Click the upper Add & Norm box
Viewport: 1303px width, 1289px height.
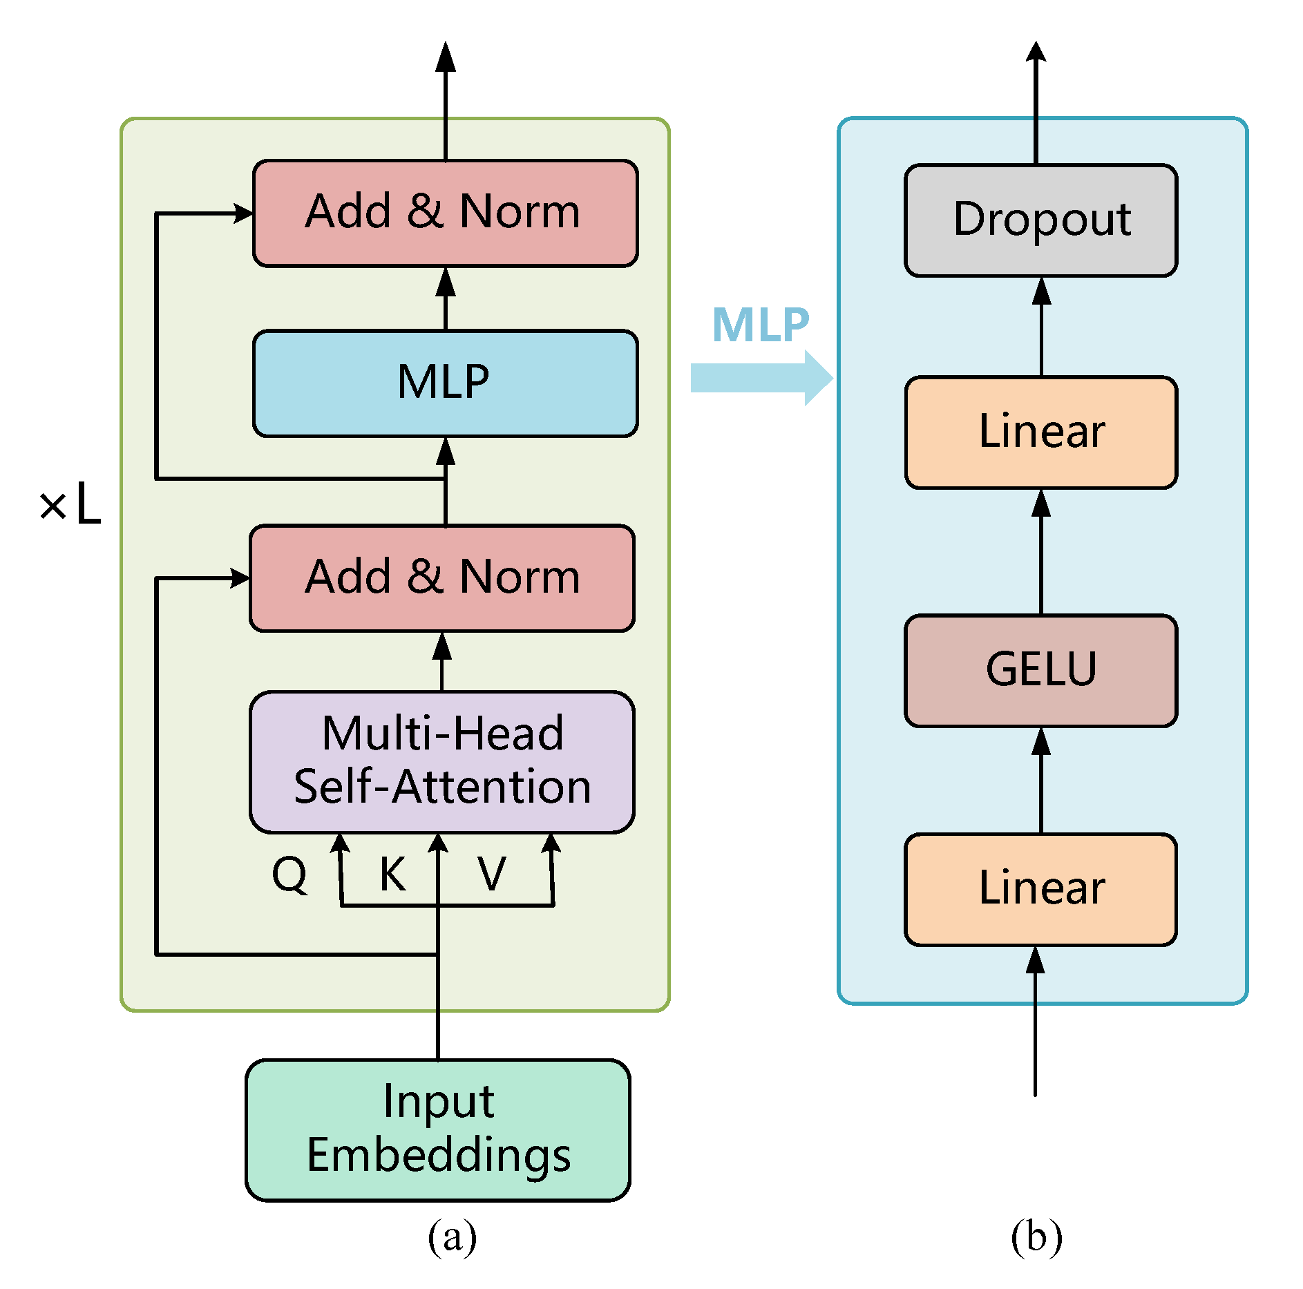pos(445,213)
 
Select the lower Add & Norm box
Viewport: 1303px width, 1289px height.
pos(442,577)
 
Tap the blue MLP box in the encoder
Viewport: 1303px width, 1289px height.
pos(445,383)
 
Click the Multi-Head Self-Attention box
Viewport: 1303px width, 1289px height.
pos(442,761)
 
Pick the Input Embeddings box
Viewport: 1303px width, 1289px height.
pos(438,1129)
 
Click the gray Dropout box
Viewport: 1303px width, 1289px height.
pos(1040,220)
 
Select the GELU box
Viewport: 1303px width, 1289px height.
pos(1040,670)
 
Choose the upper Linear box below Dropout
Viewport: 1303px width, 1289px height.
pos(1040,432)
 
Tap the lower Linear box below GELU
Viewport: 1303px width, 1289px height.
pos(1040,888)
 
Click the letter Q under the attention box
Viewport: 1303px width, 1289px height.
pos(289,875)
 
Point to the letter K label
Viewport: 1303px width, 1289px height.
pos(392,875)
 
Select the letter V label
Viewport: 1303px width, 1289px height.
pos(492,875)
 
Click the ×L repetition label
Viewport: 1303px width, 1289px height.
pos(70,504)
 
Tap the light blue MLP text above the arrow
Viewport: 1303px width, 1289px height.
pos(760,325)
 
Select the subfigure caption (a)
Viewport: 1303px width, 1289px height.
pos(452,1237)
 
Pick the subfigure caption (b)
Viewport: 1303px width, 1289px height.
pos(1036,1237)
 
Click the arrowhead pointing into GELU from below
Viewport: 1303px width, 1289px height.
pos(1041,741)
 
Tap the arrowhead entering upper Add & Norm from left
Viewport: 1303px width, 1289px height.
pos(244,213)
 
